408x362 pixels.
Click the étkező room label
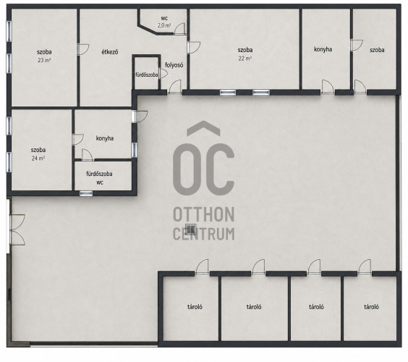110,52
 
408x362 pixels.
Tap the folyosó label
174,65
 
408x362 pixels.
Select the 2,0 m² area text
164,25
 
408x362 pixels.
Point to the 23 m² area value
44,60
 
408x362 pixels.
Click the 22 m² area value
245,59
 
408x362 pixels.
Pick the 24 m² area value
38,158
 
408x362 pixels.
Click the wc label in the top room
164,18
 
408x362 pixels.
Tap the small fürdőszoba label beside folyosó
147,75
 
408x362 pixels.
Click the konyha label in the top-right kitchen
323,49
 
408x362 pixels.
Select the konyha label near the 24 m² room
105,138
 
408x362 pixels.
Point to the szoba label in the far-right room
377,50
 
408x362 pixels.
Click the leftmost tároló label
195,307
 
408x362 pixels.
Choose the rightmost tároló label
371,307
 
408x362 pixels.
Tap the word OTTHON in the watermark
204,214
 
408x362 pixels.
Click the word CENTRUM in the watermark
204,234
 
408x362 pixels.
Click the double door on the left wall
17,230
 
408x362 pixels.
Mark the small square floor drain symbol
191,230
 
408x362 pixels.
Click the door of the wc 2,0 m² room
179,29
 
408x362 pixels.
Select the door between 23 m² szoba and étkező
83,49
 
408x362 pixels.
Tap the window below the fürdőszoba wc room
86,193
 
